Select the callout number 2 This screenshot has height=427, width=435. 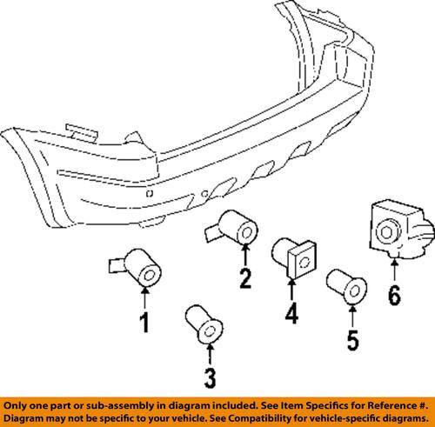[x=245, y=278]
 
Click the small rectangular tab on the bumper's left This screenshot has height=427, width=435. [x=79, y=131]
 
